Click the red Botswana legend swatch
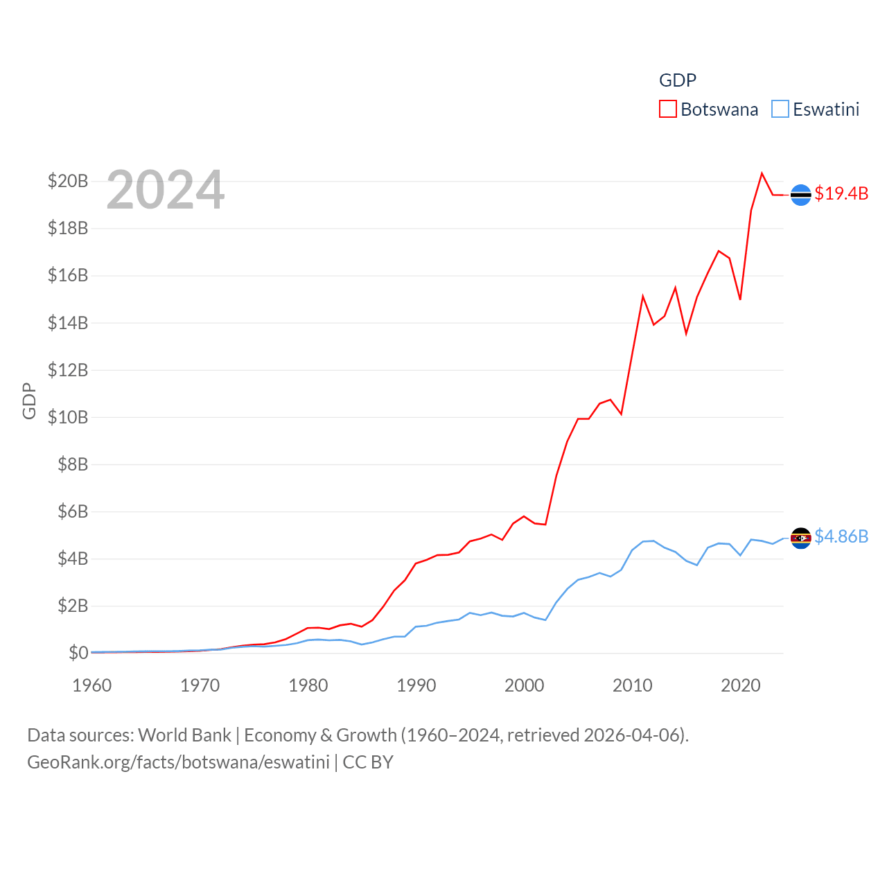click(x=667, y=109)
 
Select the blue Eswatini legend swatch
click(x=780, y=109)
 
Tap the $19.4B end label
click(x=841, y=193)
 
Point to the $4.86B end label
click(x=841, y=536)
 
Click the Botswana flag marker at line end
click(x=800, y=195)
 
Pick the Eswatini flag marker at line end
click(x=800, y=538)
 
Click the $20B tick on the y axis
click(x=68, y=182)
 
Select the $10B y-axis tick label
click(x=68, y=417)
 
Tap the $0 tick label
click(x=78, y=653)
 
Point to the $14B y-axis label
click(x=68, y=323)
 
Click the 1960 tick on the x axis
click(x=92, y=685)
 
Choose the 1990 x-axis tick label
click(x=416, y=685)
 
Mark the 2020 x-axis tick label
click(x=741, y=685)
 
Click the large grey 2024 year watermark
click(x=166, y=190)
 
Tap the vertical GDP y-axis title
click(x=29, y=401)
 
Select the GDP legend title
click(x=677, y=80)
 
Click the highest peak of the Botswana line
click(x=762, y=173)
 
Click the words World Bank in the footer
click(x=184, y=735)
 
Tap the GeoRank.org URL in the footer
click(x=178, y=762)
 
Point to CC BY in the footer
click(x=368, y=762)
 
